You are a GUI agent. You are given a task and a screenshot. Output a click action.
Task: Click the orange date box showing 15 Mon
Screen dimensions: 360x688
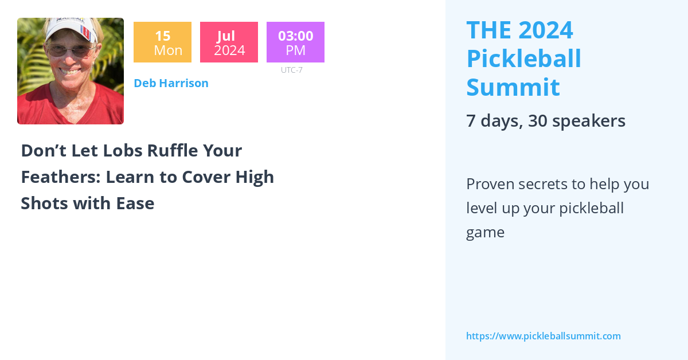tap(162, 42)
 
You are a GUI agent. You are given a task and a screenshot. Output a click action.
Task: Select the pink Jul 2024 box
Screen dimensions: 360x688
tap(229, 42)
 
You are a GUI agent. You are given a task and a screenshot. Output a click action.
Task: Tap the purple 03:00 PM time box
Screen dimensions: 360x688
tap(295, 42)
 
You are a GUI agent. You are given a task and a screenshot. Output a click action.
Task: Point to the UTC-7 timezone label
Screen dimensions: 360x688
tap(292, 70)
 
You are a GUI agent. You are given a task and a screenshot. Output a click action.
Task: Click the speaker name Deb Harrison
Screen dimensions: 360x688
tap(171, 83)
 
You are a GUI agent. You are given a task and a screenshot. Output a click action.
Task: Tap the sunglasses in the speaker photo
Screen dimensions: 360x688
tap(70, 50)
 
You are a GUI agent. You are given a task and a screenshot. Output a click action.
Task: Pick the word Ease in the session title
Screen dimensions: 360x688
tap(137, 204)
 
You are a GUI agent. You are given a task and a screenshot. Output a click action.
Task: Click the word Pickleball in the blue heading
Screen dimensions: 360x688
tap(523, 58)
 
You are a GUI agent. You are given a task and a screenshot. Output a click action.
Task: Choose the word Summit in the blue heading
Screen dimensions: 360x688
tap(513, 87)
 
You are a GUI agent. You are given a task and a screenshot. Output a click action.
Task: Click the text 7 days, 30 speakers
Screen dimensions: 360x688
tap(545, 121)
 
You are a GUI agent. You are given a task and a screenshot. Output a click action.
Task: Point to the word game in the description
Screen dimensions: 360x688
tap(485, 232)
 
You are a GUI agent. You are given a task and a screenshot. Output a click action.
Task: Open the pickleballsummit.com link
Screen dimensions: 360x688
tap(543, 336)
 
